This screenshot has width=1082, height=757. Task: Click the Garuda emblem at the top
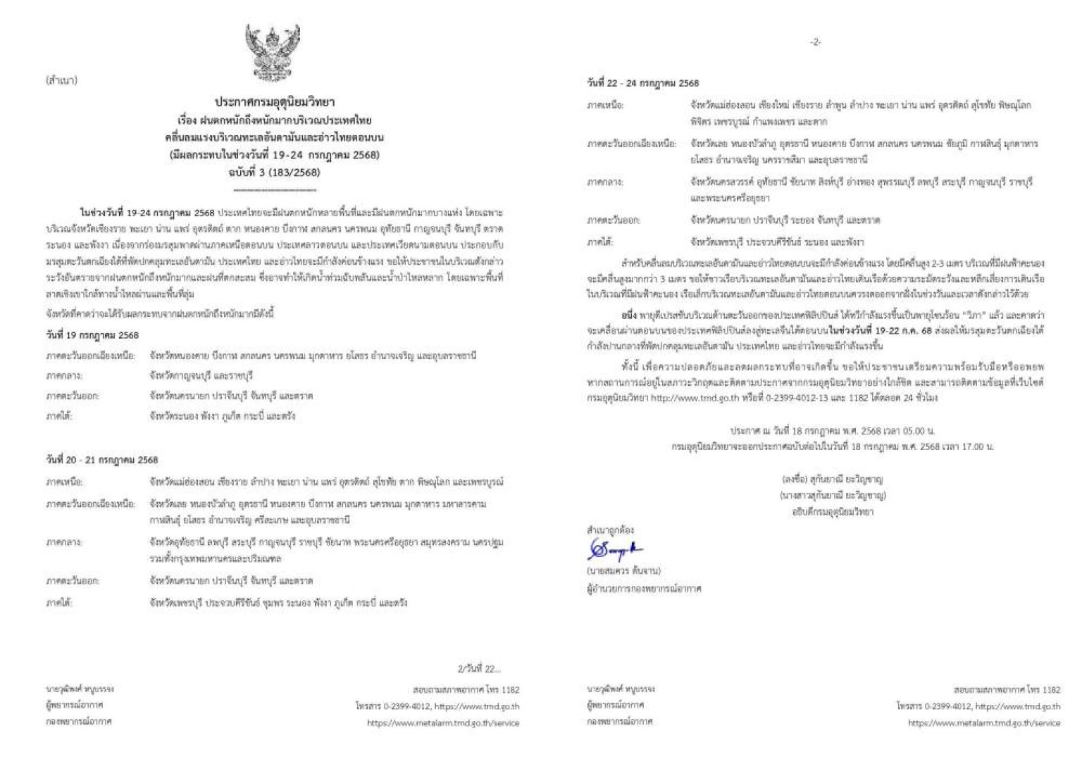tap(273, 53)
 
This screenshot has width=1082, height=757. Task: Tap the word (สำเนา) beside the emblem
tap(61, 80)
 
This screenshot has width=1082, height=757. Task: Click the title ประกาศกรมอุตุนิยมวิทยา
tap(275, 103)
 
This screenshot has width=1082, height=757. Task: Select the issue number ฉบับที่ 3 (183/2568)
tap(274, 172)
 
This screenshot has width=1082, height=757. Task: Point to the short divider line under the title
tap(274, 189)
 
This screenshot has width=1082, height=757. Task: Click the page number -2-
tap(815, 42)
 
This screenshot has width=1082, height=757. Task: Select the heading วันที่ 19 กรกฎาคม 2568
tap(92, 335)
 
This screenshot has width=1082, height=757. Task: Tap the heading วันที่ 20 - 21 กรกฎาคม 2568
tap(102, 460)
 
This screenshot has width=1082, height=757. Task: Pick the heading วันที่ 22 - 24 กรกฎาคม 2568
tap(642, 83)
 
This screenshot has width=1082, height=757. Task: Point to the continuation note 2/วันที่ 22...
tap(479, 668)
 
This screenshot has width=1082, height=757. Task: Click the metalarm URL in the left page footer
tap(443, 723)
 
